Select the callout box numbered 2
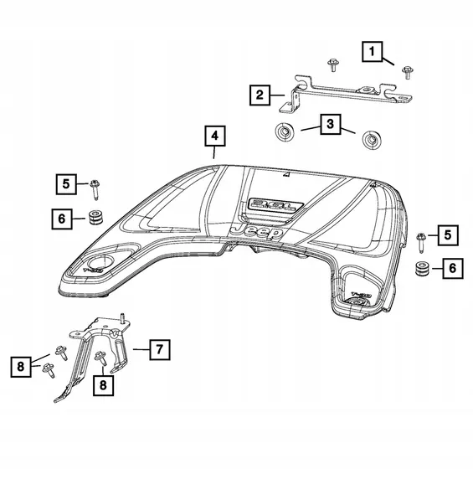pos(262,95)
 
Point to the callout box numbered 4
pos(214,136)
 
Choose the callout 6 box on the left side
pos(62,219)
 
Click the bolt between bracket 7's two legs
pos(100,359)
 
